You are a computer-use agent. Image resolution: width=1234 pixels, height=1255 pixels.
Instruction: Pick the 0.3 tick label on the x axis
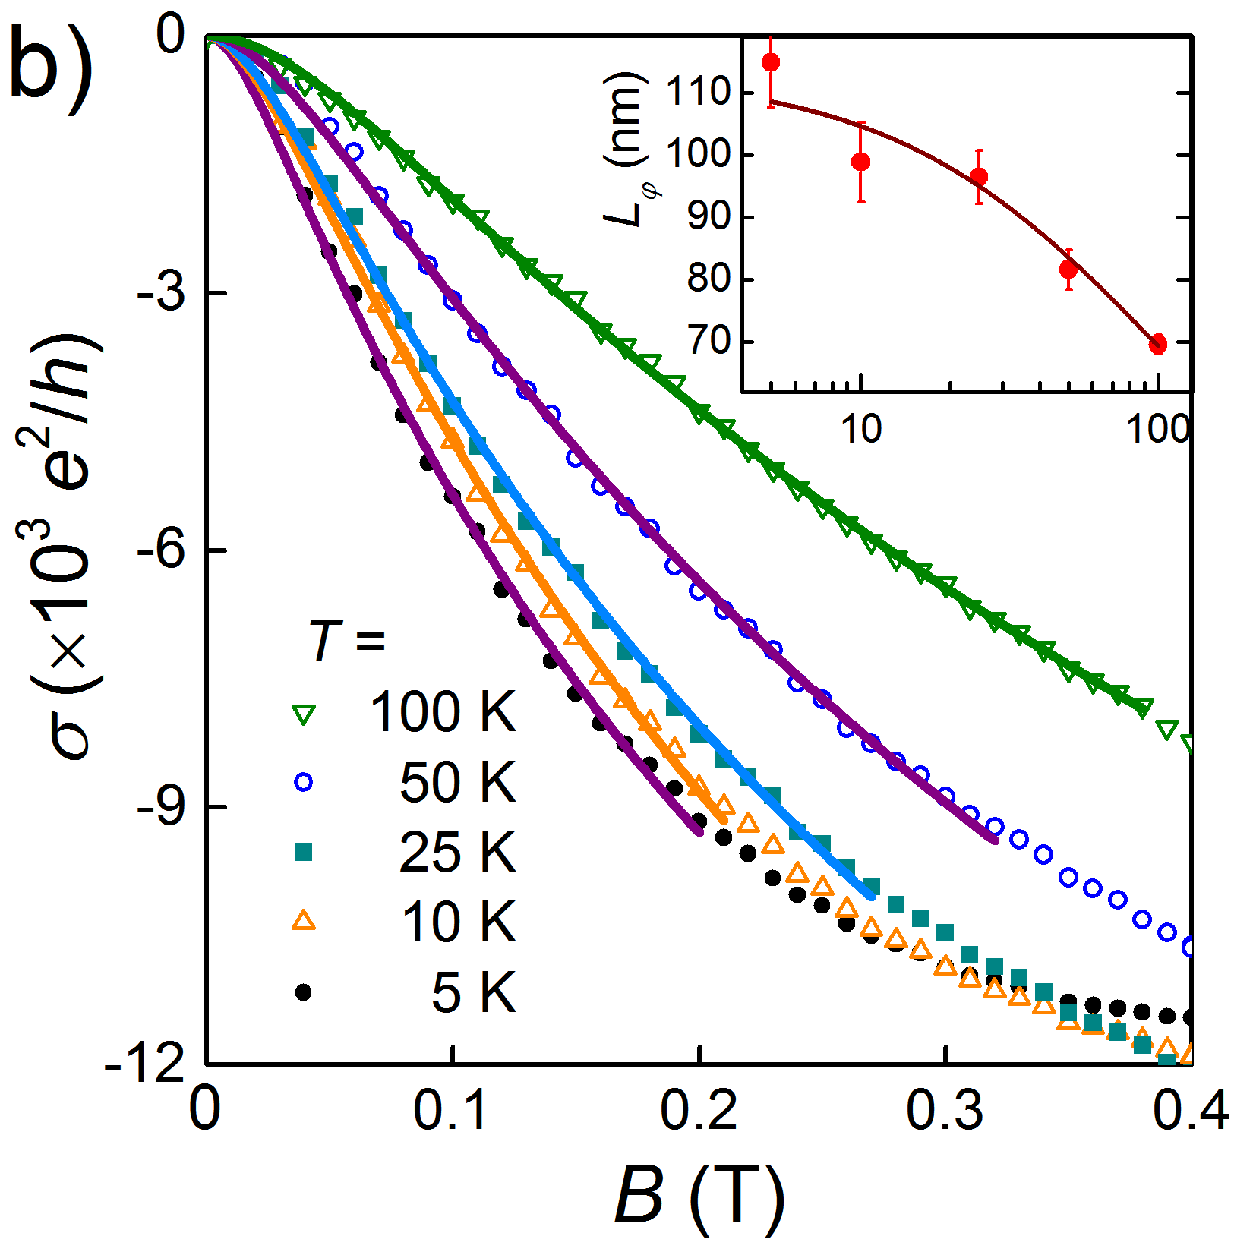[x=945, y=1110]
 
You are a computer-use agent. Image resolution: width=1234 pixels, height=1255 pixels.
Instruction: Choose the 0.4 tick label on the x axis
[x=1189, y=1110]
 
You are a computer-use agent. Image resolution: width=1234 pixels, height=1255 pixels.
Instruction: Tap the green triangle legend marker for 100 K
[x=304, y=714]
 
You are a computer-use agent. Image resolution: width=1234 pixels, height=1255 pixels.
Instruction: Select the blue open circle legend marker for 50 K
[x=304, y=783]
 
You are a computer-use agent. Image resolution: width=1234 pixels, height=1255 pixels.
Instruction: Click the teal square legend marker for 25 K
[x=304, y=853]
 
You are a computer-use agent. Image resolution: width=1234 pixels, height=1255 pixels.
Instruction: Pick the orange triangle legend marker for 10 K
[x=304, y=921]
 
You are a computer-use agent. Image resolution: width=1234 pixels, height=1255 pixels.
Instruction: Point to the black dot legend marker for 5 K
[x=304, y=992]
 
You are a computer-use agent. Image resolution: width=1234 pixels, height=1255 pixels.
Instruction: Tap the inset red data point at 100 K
[x=1157, y=344]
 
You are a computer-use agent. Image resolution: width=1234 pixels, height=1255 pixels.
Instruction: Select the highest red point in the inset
[x=771, y=62]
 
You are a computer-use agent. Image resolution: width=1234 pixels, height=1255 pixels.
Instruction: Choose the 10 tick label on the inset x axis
[x=861, y=430]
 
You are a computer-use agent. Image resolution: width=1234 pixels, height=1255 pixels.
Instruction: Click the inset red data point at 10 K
[x=860, y=162]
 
